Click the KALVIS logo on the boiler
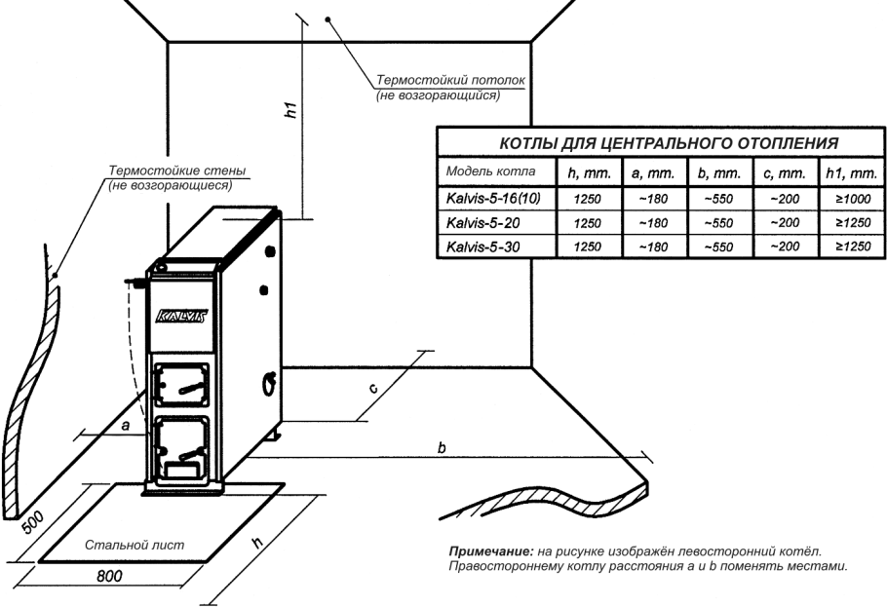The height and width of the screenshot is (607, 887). [x=181, y=317]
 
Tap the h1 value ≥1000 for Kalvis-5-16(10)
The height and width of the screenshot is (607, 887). [x=854, y=199]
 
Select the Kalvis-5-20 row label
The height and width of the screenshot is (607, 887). [x=482, y=223]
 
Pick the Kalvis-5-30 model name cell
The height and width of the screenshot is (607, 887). [x=482, y=247]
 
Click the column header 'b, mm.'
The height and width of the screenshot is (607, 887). [x=719, y=173]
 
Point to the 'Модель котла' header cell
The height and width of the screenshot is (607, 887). [x=490, y=171]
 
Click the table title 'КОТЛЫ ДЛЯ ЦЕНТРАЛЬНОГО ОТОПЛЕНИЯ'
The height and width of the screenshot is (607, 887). [x=669, y=143]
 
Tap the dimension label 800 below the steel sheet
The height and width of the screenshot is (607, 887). [x=109, y=576]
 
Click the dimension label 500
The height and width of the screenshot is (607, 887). [x=32, y=523]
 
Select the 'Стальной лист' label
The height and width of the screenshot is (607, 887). [x=135, y=545]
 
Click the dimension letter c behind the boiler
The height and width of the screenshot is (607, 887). [x=373, y=389]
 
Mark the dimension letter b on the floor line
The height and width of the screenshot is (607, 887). [x=442, y=447]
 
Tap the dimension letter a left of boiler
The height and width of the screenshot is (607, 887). [x=126, y=425]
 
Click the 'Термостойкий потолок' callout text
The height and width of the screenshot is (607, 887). [x=451, y=80]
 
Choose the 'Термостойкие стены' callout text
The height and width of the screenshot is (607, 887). [x=177, y=171]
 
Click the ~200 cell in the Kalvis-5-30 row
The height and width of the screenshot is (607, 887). [x=786, y=247]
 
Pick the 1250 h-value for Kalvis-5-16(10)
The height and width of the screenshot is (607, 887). [x=588, y=199]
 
